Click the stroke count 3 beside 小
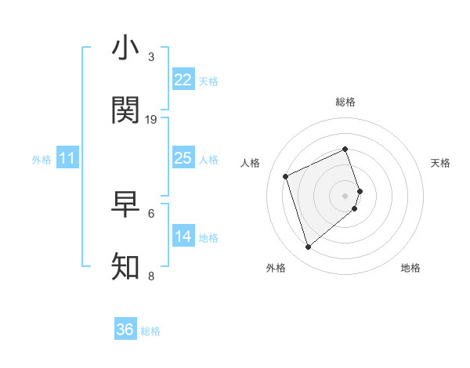pos(151,57)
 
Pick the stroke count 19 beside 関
pos(151,119)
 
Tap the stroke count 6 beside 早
pos(151,212)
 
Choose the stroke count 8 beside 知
pos(151,276)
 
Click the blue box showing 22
pos(183,80)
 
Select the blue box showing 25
pos(183,158)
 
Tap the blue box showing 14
pos(183,236)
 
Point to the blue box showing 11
pos(67,158)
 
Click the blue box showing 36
pos(125,330)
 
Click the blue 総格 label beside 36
pos(150,331)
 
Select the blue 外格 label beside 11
pos(42,160)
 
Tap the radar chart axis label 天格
pos(440,163)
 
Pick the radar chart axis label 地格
pos(410,268)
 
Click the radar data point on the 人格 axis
pos(287,176)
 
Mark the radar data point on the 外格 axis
pos(308,247)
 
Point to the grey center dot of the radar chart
pos(345,195)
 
